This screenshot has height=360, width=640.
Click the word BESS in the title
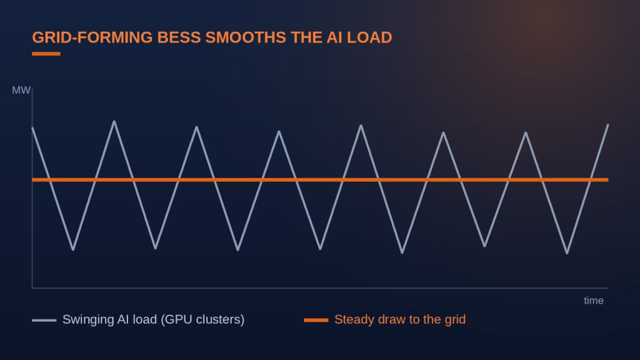point(179,37)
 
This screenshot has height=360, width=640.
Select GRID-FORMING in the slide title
point(92,37)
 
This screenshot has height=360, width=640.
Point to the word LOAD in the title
point(369,37)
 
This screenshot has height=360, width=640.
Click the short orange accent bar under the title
point(46,54)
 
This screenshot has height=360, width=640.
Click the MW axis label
point(21,90)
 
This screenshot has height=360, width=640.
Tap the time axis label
point(594,301)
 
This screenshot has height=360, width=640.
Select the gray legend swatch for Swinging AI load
point(44,321)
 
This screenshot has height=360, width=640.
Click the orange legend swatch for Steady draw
point(316,321)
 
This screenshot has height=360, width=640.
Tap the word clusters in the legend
point(221,319)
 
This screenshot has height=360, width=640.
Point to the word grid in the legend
point(455,319)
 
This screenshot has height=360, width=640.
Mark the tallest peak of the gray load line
point(114,121)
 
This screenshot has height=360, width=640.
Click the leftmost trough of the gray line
point(73,249)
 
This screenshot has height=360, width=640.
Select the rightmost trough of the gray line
point(567,253)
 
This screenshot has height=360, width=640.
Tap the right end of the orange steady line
point(608,179)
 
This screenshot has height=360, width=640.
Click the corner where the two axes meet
point(32,288)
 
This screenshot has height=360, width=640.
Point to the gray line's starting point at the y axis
point(32,128)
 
